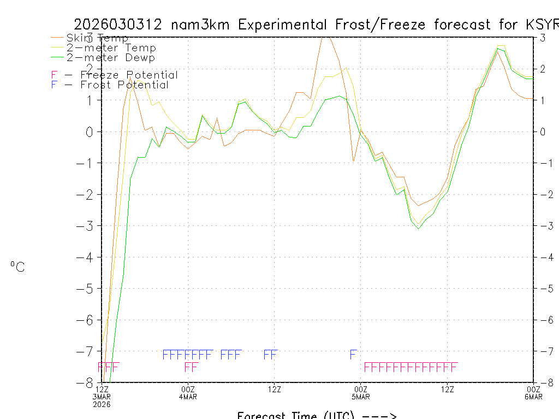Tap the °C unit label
coord(17,267)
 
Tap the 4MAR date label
coord(188,396)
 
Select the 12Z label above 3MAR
coord(102,389)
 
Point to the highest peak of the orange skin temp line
coord(325,37)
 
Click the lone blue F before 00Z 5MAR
coord(353,355)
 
